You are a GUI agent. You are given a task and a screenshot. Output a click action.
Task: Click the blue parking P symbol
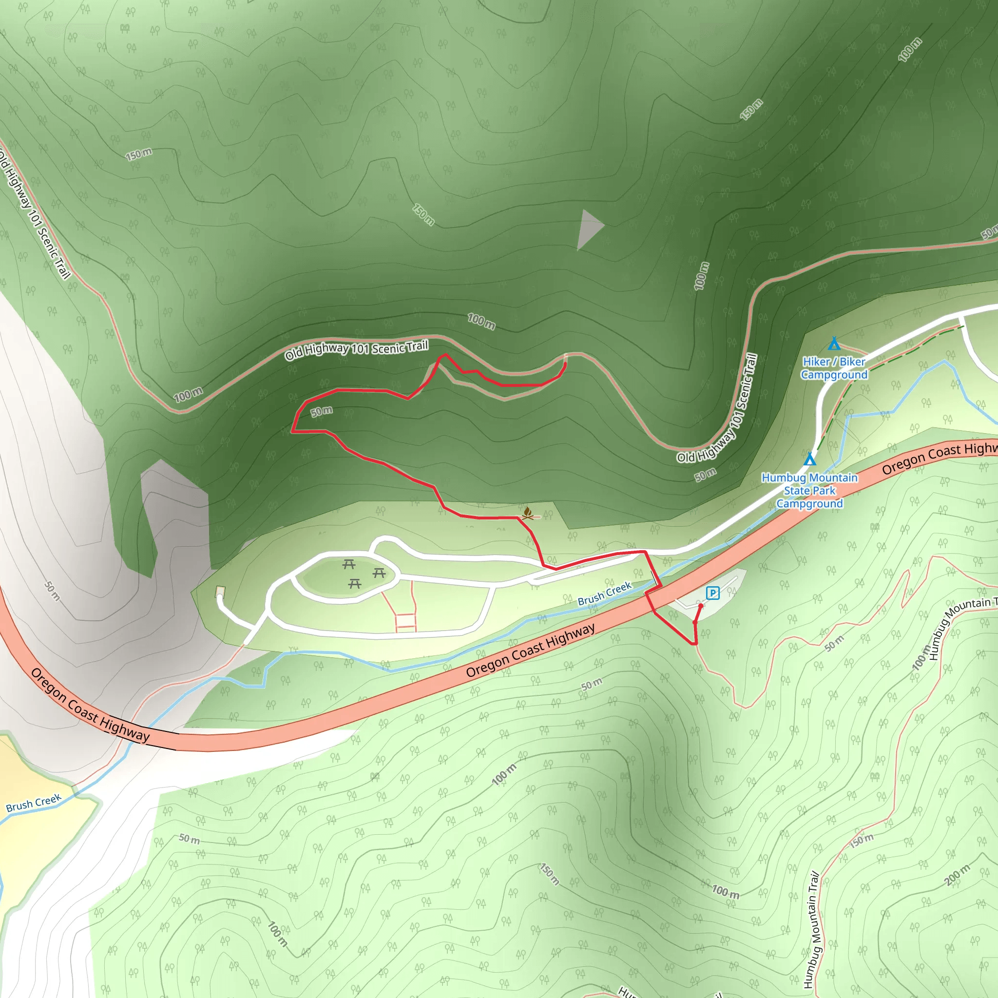pos(713,593)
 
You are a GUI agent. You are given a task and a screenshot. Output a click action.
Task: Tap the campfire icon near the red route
pos(527,513)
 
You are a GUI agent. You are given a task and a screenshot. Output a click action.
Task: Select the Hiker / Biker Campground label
pos(834,368)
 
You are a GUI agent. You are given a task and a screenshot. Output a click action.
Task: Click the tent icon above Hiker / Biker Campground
pos(834,344)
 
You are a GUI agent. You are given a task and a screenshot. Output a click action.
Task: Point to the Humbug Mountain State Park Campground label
pos(809,491)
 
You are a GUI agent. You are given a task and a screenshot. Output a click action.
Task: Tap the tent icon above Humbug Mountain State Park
pos(809,459)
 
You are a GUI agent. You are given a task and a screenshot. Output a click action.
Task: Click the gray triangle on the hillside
pos(588,229)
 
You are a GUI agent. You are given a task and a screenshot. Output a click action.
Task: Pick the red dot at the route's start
pos(700,606)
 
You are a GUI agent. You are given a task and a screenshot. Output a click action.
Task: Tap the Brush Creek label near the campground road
pos(604,594)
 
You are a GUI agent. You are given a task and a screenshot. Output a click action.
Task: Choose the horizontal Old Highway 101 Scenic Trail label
pos(356,349)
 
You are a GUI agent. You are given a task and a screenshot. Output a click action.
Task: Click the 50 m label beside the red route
pos(321,411)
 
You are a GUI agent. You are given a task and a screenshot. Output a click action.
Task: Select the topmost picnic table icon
pos(349,564)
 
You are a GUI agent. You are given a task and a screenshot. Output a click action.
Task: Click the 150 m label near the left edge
pos(138,154)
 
